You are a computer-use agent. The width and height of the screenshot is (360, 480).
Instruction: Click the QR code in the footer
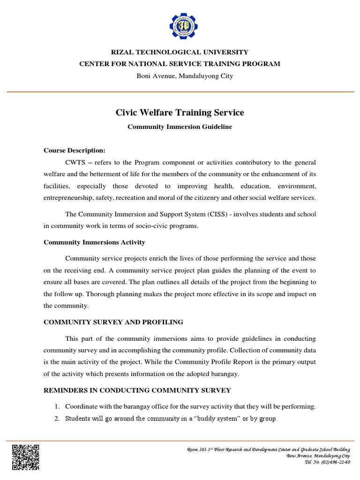pyautogui.click(x=26, y=457)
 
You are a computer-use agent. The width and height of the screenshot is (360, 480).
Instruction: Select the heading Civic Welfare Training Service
pyautogui.click(x=180, y=112)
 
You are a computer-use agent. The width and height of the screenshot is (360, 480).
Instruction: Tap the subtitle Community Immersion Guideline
pyautogui.click(x=180, y=127)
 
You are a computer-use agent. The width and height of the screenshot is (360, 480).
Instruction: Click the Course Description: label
pyautogui.click(x=75, y=150)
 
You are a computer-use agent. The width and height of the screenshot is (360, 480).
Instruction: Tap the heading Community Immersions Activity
pyautogui.click(x=94, y=242)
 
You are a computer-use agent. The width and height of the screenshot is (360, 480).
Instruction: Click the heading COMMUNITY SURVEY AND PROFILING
pyautogui.click(x=113, y=322)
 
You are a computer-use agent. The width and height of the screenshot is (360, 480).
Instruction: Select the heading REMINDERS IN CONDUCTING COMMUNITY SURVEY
pyautogui.click(x=137, y=390)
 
